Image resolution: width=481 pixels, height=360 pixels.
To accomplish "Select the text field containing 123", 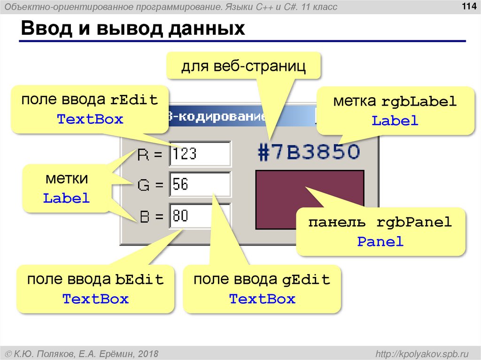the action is pyautogui.click(x=200, y=153).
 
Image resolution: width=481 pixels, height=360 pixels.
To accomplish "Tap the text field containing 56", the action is pyautogui.click(x=200, y=184).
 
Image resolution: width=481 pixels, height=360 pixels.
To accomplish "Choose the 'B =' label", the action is pyautogui.click(x=151, y=217).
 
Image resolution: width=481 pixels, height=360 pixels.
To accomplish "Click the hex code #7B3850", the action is pyautogui.click(x=309, y=152).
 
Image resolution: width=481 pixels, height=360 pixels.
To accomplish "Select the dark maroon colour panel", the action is pyautogui.click(x=282, y=197).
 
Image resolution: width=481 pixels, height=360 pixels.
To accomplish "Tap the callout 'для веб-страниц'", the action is pyautogui.click(x=244, y=66).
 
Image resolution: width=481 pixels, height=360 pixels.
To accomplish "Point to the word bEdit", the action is pyautogui.click(x=140, y=280).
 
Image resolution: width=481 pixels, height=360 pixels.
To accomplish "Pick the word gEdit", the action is pyautogui.click(x=306, y=280).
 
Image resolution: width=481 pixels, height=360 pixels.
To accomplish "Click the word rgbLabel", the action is pyautogui.click(x=419, y=101).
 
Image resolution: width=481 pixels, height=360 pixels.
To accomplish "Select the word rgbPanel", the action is pyautogui.click(x=413, y=222).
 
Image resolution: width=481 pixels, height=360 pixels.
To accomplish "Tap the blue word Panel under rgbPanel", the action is pyautogui.click(x=380, y=242).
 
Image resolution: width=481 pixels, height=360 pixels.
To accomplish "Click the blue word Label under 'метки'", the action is pyautogui.click(x=66, y=198).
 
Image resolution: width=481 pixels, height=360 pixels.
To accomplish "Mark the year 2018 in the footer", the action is pyautogui.click(x=148, y=353).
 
